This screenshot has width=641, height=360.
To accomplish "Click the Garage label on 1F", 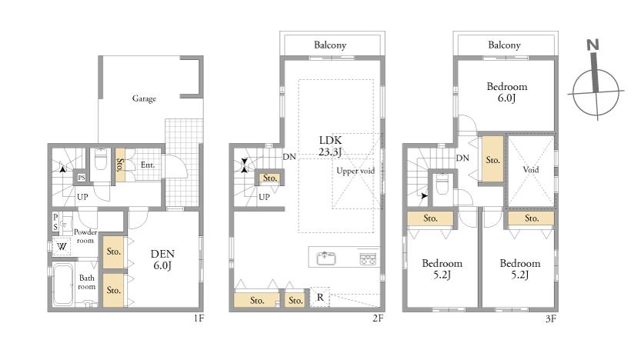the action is pos(144,98).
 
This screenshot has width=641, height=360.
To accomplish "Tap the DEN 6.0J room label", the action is pos(162,259).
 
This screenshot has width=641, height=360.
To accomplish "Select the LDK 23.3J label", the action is pos(330,146).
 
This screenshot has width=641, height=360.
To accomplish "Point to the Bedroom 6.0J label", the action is pos(507,92).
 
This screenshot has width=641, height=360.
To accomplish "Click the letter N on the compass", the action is pos(593,45).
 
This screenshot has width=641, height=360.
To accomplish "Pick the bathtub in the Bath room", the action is pos(63,285).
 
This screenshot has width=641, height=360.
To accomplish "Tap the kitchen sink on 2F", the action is pos(326,258).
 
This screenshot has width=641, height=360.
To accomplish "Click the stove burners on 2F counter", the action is pos(369,259).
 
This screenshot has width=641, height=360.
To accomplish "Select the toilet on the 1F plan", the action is pos(101,159).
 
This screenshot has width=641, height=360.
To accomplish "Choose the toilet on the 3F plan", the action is pos(442,184).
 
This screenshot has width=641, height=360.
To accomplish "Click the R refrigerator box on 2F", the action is pos(320,297).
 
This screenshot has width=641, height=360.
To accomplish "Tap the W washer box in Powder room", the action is pos(62,246).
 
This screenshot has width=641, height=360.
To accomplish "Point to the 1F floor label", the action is pos(199,318).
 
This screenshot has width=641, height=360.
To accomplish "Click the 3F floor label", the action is pos(551,318).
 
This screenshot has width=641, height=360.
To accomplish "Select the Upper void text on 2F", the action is pos(356,171).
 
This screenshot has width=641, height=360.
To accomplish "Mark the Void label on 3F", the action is pos(531,169).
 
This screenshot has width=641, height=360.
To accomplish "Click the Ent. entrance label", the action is pos(148,165).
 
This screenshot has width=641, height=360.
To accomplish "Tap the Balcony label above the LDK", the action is pos(330,45).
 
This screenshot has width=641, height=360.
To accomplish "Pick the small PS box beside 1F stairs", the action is pos(82,178).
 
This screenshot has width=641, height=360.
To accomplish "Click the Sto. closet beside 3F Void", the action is pos(492,159).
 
